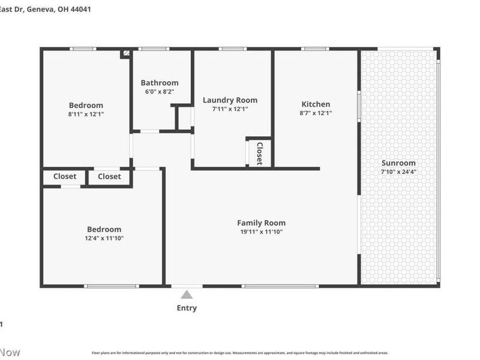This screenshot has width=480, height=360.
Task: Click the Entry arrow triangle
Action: click(x=187, y=294)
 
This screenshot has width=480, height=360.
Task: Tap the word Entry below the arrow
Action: click(x=187, y=308)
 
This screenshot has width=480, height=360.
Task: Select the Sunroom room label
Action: click(x=398, y=163)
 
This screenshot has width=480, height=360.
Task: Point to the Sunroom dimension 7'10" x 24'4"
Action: click(x=398, y=172)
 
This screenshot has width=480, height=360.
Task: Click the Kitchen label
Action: click(x=316, y=104)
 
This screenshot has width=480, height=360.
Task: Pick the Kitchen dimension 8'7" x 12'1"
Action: click(x=316, y=113)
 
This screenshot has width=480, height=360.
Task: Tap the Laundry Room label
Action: click(x=230, y=100)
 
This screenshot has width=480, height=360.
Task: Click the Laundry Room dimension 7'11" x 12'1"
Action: click(x=230, y=109)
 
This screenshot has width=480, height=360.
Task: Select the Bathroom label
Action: click(x=160, y=83)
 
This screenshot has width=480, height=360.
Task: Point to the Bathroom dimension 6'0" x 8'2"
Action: click(x=160, y=92)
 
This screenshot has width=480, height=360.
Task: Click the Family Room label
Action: click(x=261, y=223)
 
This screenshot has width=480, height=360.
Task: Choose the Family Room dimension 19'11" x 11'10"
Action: click(x=261, y=232)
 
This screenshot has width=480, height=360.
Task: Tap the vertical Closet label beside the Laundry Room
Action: click(x=260, y=152)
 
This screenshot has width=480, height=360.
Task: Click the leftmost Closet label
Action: click(x=65, y=176)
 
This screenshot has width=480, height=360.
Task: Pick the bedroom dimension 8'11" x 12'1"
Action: click(x=86, y=114)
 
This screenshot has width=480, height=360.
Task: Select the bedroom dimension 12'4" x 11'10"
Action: click(x=104, y=238)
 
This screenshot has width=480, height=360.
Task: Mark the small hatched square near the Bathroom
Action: click(x=126, y=53)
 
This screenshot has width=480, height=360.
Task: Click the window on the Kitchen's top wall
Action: click(x=314, y=49)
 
